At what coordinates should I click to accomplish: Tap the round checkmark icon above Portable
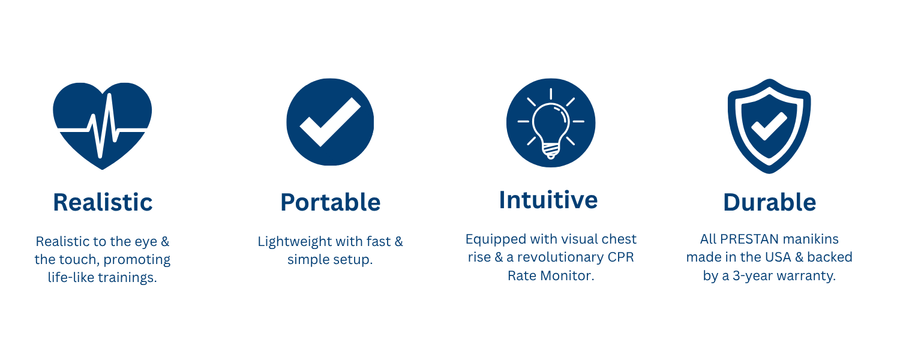[x=330, y=122]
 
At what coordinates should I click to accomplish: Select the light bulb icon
[x=551, y=122]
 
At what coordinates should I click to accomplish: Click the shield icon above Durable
[x=769, y=126]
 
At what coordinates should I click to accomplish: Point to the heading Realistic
[x=103, y=202]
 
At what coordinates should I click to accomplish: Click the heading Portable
[x=330, y=202]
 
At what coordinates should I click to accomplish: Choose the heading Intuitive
[x=548, y=200]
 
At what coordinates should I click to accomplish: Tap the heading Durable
[x=769, y=202]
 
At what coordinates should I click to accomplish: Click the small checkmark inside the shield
[x=769, y=126]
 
